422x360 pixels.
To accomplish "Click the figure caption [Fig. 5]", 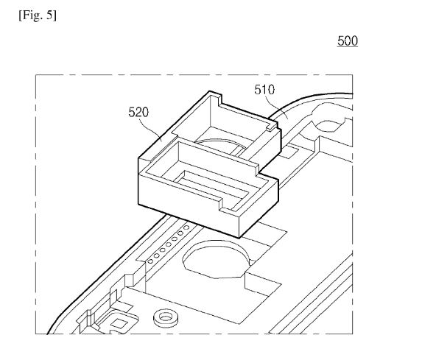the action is [x=38, y=15].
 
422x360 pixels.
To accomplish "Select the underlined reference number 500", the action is [x=348, y=41].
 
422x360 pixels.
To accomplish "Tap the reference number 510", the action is [x=264, y=90].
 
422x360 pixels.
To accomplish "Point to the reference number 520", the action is [x=138, y=112].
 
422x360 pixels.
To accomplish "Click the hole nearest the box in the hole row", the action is [x=186, y=227].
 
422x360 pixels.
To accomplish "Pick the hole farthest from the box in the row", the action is [x=150, y=261].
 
